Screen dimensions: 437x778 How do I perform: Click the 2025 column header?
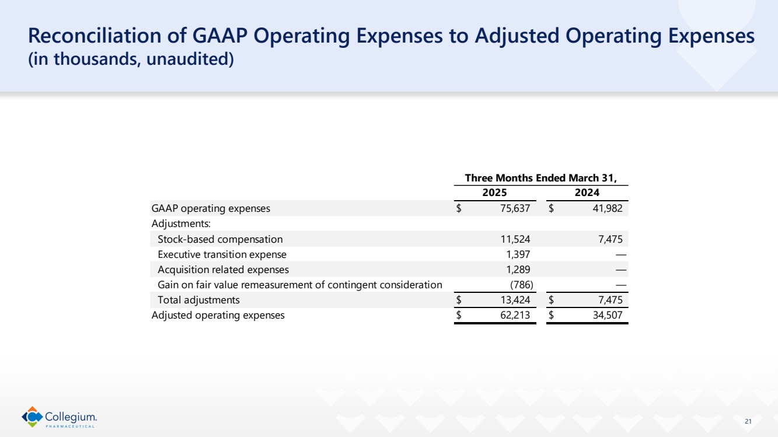494,193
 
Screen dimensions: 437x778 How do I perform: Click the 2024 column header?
588,193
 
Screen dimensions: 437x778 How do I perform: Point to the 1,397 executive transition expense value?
518,254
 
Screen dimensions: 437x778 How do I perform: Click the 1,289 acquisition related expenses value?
518,270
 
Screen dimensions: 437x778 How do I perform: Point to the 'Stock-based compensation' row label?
220,239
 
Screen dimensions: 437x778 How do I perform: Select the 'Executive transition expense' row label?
222,254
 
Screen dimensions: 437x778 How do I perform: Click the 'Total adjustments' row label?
198,300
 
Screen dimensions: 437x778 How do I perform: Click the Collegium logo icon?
32,417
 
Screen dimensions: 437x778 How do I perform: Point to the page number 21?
749,421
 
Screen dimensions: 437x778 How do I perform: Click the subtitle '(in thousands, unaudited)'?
131,60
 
